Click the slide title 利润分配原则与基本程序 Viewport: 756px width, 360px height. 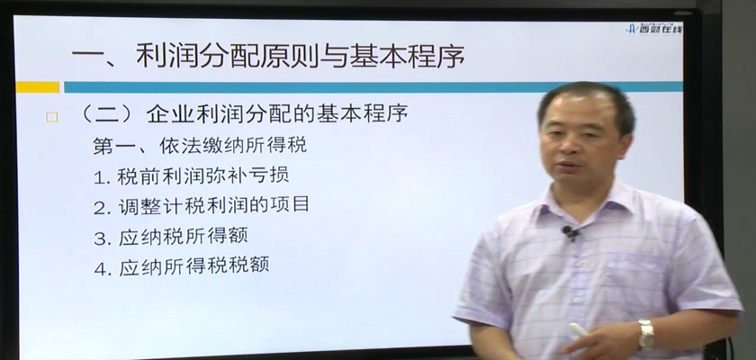point(300,57)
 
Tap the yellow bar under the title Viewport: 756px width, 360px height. point(38,87)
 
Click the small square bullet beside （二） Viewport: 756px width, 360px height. point(51,117)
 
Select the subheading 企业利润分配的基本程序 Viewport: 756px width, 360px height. point(277,114)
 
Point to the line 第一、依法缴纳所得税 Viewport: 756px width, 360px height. point(200,145)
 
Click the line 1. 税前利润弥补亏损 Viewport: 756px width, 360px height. point(192,175)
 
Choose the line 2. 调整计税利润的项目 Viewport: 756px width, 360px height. point(202,206)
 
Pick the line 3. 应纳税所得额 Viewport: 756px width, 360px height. point(171,236)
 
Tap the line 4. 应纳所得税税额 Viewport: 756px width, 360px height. point(181,266)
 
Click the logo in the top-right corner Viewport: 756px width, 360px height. point(653,28)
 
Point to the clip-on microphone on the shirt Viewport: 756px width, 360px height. point(570,233)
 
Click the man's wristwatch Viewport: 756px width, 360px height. point(646,334)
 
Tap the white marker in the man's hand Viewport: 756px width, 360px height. point(579,330)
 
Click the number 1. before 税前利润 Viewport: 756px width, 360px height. point(103,177)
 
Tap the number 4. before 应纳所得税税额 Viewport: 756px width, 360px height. point(103,267)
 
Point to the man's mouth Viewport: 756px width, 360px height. point(569,168)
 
